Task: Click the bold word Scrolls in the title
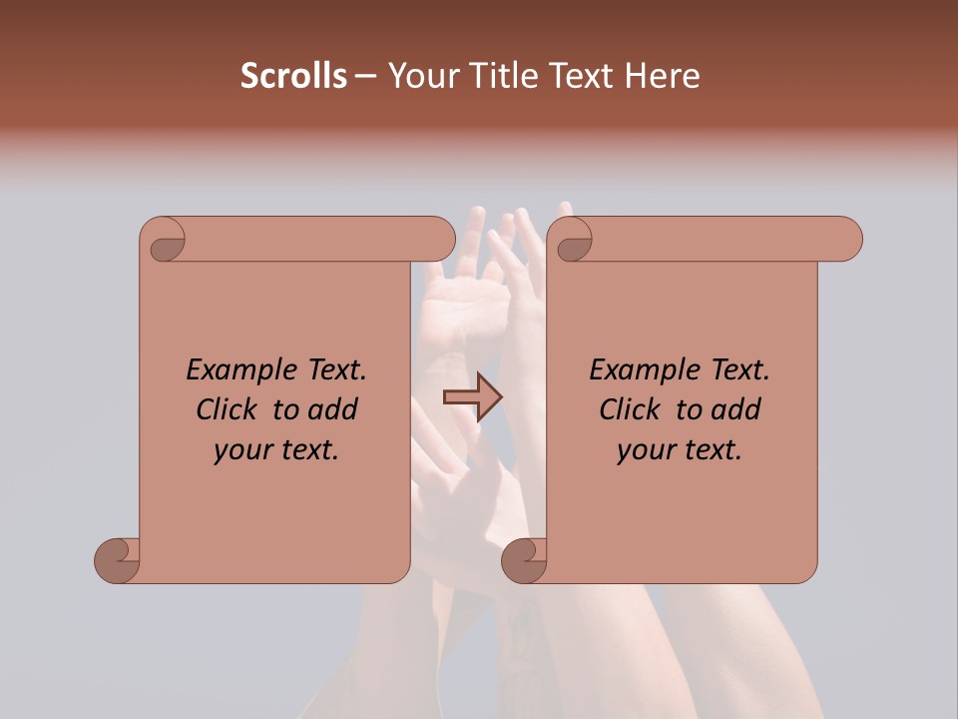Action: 293,76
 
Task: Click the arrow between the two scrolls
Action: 472,397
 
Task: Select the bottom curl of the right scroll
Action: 525,560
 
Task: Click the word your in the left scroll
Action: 242,450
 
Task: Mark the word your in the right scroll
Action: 646,450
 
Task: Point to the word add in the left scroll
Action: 333,409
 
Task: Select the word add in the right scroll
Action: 736,409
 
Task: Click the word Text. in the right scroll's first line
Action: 739,370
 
